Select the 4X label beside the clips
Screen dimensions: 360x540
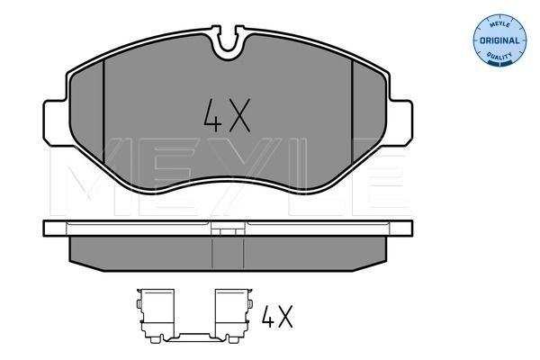tap(278, 317)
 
